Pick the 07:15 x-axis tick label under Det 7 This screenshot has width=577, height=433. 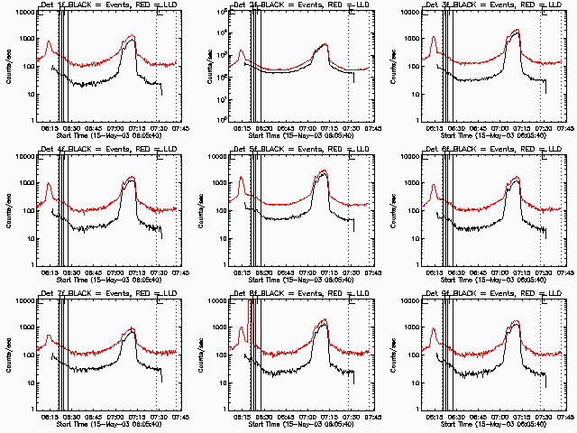[137, 416]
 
